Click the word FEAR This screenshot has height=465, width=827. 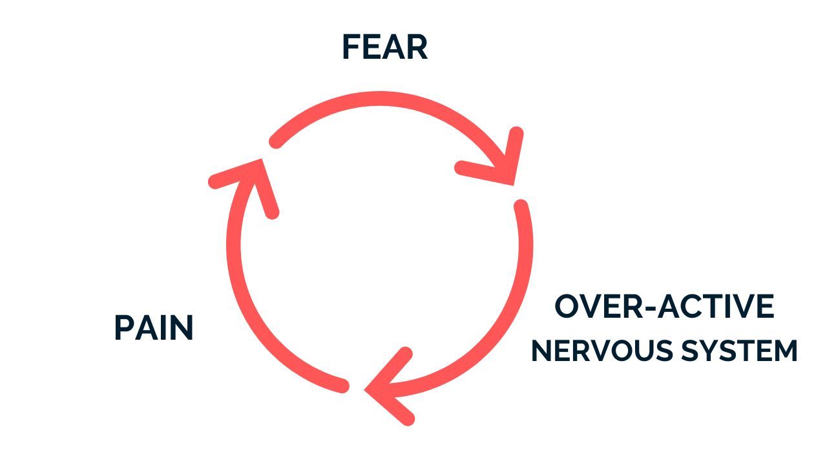tap(384, 48)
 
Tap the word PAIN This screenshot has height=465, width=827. tap(154, 328)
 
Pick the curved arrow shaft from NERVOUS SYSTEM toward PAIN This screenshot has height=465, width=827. tap(510, 310)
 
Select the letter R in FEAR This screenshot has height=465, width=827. tap(417, 48)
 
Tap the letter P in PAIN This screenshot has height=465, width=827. tap(123, 328)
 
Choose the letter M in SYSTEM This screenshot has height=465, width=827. tap(784, 351)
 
